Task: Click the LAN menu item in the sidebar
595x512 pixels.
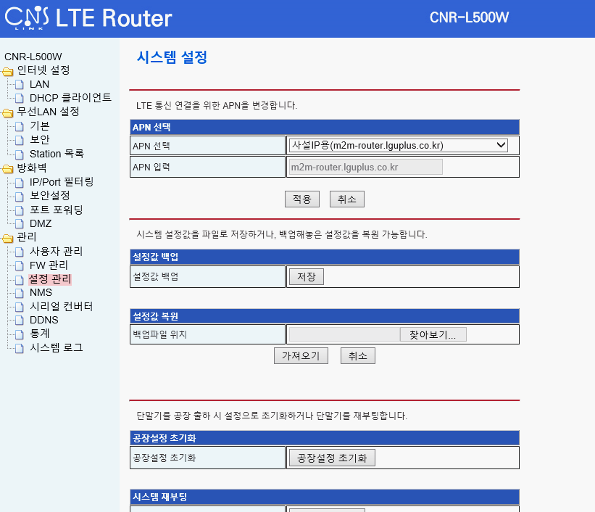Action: [x=39, y=84]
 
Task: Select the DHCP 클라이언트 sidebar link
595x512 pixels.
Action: [x=70, y=98]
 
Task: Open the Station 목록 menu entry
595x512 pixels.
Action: [x=57, y=154]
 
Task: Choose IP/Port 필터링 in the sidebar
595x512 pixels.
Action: [x=62, y=181]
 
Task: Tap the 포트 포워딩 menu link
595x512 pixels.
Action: [x=56, y=210]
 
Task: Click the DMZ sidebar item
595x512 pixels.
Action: [x=41, y=223]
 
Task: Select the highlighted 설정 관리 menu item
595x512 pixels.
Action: [x=50, y=278]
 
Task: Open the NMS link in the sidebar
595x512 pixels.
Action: [x=41, y=292]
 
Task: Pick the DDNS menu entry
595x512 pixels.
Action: [x=43, y=320]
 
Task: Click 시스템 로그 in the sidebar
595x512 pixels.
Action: [x=56, y=347]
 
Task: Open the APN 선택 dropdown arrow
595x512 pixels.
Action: [x=501, y=145]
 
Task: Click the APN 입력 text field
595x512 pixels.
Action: [x=365, y=167]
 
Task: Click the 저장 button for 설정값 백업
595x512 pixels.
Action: [x=306, y=276]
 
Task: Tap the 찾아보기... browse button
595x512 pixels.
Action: [x=433, y=334]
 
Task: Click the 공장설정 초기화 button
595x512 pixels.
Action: [x=332, y=458]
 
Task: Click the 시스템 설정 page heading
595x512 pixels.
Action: [x=172, y=57]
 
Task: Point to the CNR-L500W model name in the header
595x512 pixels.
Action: [x=470, y=17]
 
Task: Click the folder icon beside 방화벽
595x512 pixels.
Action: [x=8, y=168]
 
